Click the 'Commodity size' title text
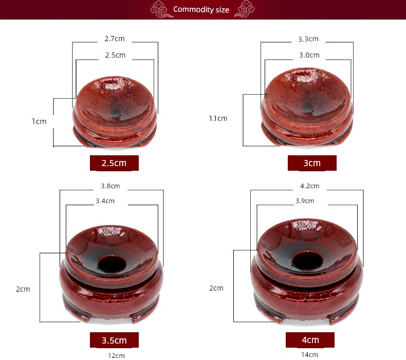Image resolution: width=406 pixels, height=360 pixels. point(201,10)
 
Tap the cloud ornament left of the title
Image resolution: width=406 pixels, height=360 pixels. point(161,9)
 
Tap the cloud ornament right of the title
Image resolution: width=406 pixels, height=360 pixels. point(245,9)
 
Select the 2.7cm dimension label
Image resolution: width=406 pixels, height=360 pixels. point(115,39)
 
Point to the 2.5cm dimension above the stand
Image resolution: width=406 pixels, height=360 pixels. point(115,55)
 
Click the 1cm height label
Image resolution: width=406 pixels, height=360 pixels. point(39,121)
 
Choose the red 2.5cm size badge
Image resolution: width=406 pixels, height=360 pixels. point(114,163)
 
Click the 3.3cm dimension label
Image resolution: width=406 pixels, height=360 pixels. point(308,39)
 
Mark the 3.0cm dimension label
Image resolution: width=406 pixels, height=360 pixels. point(309,55)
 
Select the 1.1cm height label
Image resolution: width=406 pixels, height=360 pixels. point(218,118)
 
